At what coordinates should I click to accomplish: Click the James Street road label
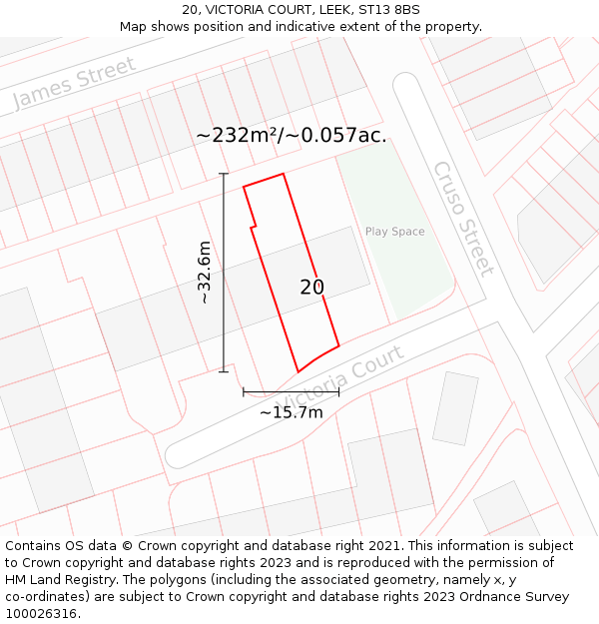click(x=73, y=84)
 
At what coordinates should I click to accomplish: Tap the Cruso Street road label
click(x=462, y=219)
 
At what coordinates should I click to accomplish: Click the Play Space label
click(x=394, y=232)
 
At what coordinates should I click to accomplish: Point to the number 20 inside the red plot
click(x=311, y=288)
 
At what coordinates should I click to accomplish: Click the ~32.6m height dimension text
click(x=204, y=272)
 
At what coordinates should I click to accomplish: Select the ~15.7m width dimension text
click(x=292, y=412)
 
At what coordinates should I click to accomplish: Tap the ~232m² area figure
click(x=239, y=135)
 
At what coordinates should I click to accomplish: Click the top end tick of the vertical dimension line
click(x=224, y=175)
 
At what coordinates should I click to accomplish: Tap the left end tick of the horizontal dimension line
click(x=244, y=392)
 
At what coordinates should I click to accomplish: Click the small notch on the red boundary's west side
click(x=254, y=228)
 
